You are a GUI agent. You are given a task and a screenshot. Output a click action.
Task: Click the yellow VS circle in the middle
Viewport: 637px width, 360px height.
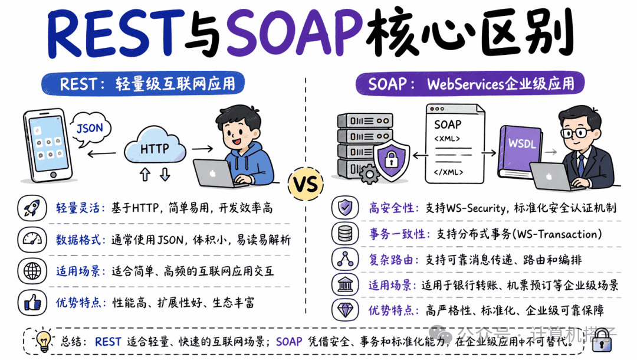pyautogui.click(x=306, y=184)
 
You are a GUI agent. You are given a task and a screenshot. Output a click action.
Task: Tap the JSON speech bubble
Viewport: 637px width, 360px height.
pyautogui.click(x=90, y=129)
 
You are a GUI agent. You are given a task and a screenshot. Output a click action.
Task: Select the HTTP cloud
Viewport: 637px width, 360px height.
pyautogui.click(x=155, y=147)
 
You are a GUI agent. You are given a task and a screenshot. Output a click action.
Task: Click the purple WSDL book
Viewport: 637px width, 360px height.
pyautogui.click(x=520, y=149)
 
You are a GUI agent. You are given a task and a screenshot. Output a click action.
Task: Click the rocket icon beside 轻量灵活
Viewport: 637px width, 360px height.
pyautogui.click(x=32, y=208)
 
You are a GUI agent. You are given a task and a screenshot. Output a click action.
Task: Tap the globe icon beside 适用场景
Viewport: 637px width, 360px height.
pyautogui.click(x=32, y=271)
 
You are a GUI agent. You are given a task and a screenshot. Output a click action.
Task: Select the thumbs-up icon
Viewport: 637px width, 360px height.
pyautogui.click(x=32, y=303)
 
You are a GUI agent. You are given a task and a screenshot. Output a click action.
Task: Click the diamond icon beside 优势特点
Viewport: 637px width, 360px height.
pyautogui.click(x=345, y=310)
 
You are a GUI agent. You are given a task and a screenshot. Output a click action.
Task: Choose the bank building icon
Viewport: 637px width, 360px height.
pyautogui.click(x=345, y=284)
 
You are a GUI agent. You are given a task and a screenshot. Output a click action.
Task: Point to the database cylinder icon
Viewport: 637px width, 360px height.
pyautogui.click(x=345, y=234)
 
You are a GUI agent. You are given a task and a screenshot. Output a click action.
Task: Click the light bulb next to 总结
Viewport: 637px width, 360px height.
pyautogui.click(x=43, y=341)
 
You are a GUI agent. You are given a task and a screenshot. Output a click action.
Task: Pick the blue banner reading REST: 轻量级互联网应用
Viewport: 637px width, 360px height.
pyautogui.click(x=143, y=84)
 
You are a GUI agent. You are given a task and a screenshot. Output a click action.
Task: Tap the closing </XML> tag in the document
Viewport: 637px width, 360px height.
pyautogui.click(x=448, y=172)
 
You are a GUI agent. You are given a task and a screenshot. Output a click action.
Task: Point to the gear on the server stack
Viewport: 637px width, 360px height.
pyautogui.click(x=369, y=174)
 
